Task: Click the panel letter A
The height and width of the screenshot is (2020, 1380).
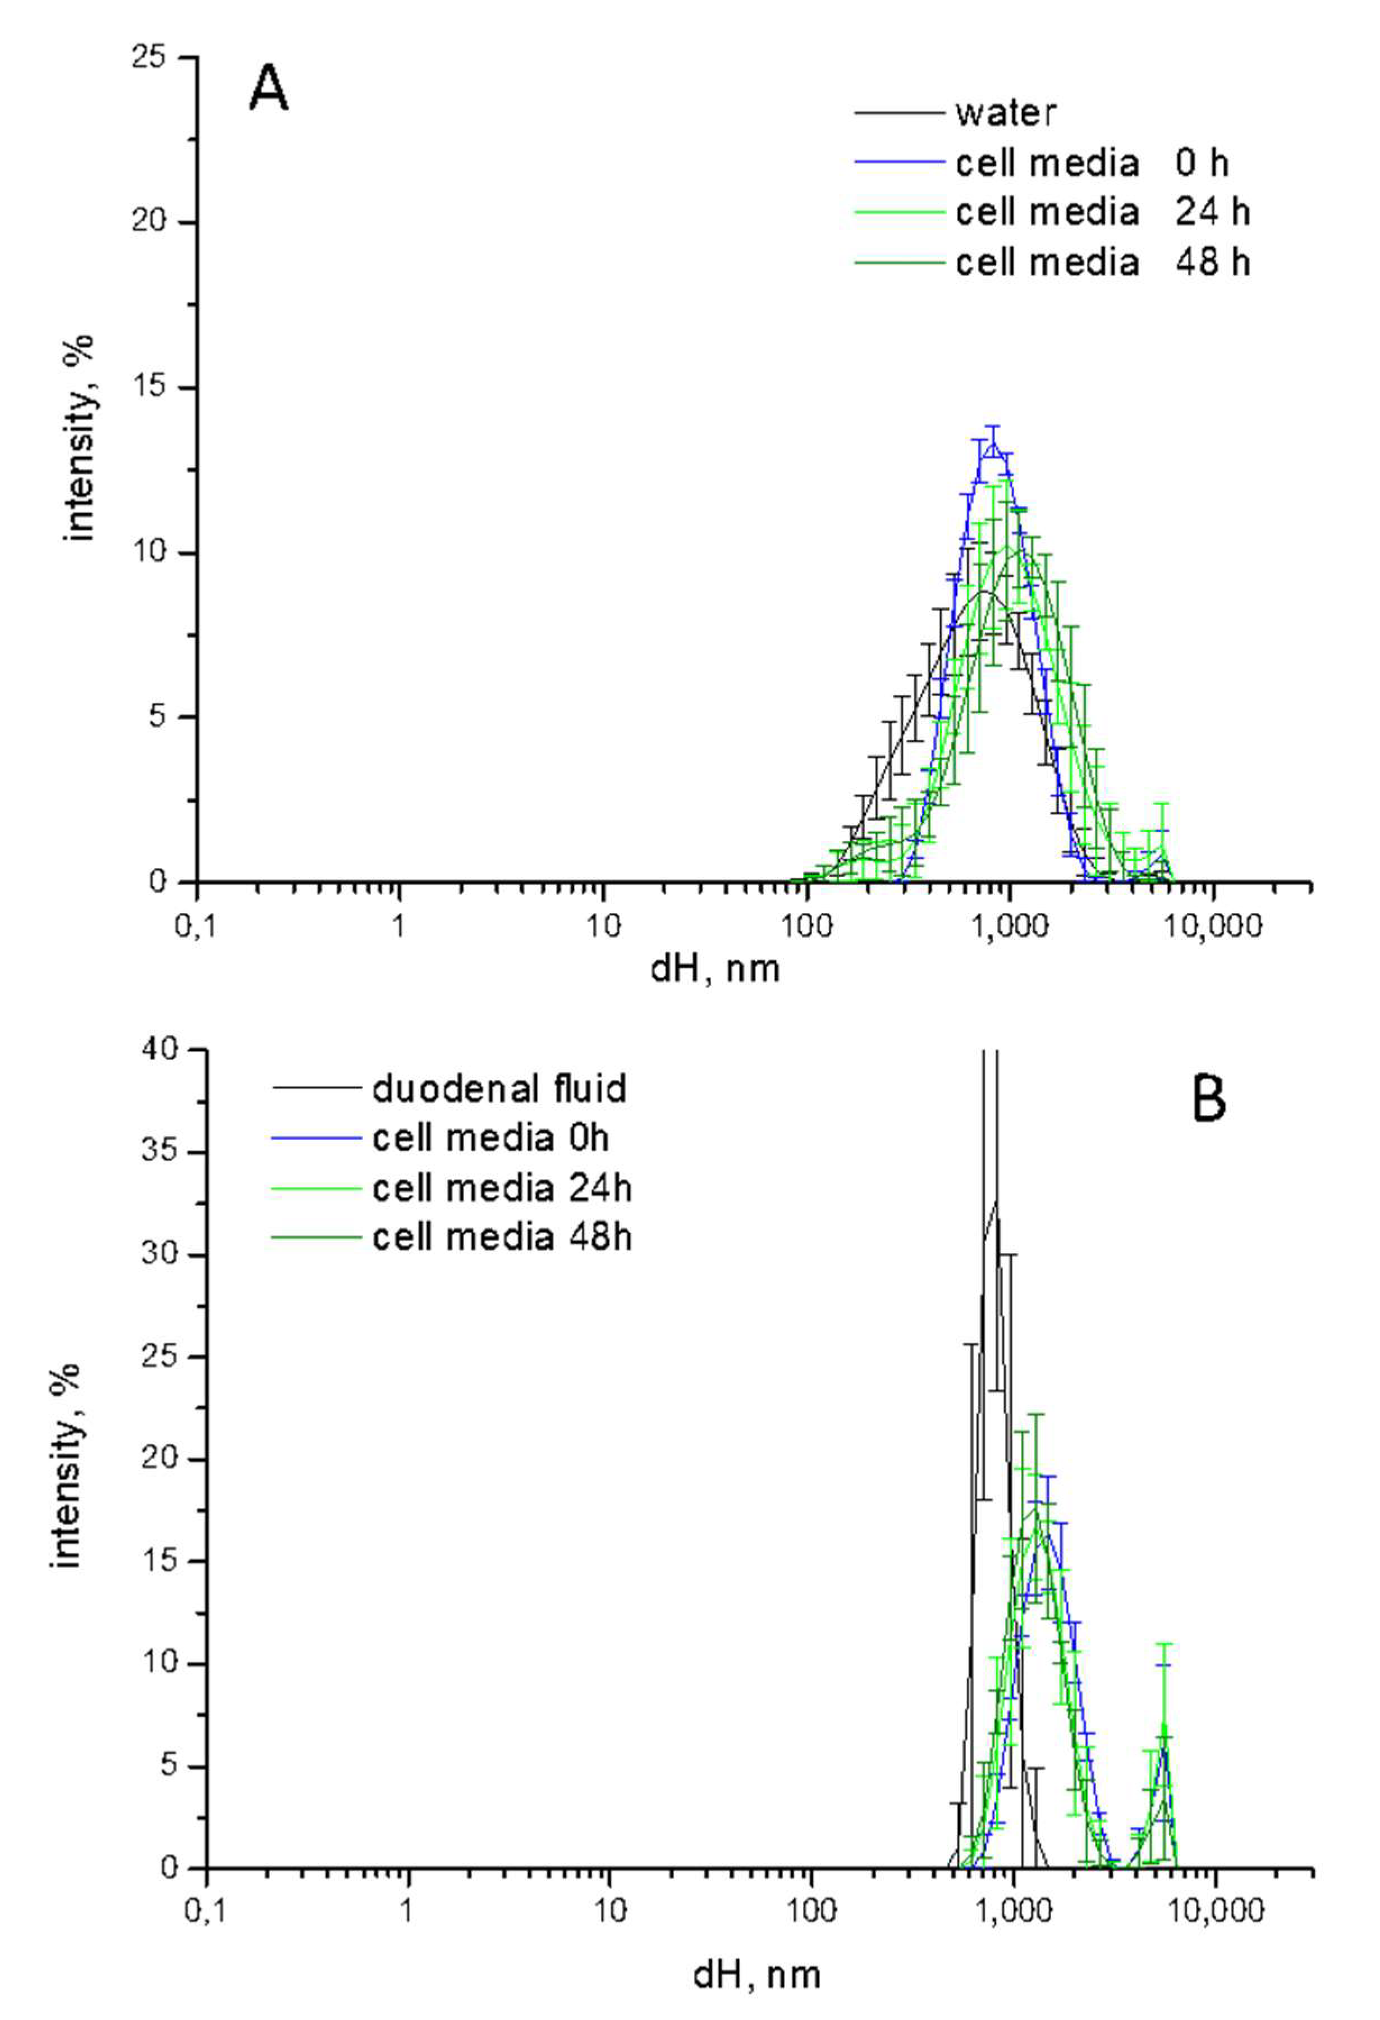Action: click(x=268, y=90)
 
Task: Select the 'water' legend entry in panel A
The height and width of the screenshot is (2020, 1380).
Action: click(x=1006, y=113)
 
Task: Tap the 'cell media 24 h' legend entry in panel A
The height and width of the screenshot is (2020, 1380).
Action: click(x=1102, y=212)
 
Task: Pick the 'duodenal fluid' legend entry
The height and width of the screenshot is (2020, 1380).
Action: click(x=499, y=1088)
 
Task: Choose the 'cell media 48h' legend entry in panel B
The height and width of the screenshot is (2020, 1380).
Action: click(x=501, y=1237)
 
